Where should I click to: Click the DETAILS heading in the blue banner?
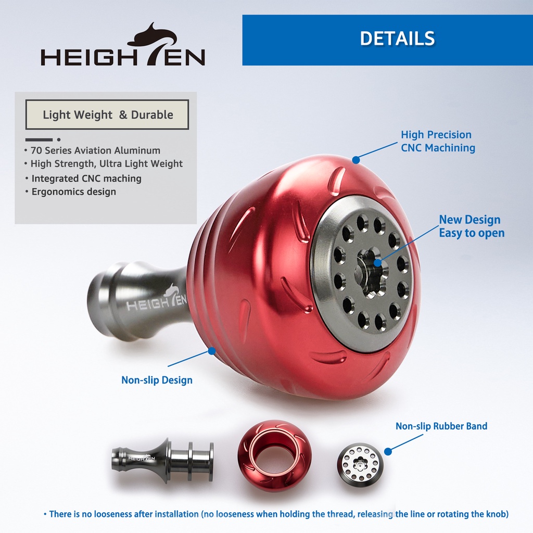coord(397,39)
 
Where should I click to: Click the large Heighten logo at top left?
coord(123,45)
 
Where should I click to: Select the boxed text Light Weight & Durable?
coord(108,115)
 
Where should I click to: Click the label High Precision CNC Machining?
coord(438,141)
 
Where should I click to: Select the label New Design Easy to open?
coord(472,226)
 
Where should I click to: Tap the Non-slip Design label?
coord(157,380)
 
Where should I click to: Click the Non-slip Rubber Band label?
coord(441,426)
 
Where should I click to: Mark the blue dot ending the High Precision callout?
coord(356,160)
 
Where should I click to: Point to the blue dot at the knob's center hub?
coord(377,263)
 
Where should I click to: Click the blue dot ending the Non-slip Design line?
coord(211,351)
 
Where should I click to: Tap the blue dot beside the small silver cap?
coord(388,451)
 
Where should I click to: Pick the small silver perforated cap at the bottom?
coord(360,462)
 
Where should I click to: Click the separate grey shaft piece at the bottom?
coord(162,460)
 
